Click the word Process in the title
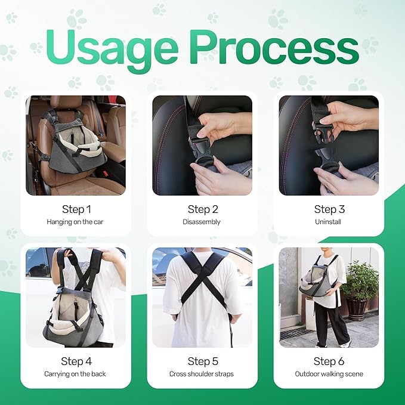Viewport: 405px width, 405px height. (275, 47)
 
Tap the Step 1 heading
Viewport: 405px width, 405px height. (76, 209)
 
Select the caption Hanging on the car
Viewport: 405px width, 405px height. (75, 222)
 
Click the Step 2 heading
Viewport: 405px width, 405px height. (203, 209)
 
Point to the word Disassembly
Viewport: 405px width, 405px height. (202, 222)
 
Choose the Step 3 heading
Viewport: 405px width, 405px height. (329, 209)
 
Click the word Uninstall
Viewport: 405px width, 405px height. (328, 222)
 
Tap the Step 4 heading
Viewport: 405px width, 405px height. (76, 361)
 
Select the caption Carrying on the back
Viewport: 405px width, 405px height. (75, 374)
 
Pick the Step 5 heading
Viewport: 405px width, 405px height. (203, 361)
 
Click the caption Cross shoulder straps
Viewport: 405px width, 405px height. (202, 374)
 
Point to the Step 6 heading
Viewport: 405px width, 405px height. (329, 361)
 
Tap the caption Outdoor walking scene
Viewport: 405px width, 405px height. (329, 374)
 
